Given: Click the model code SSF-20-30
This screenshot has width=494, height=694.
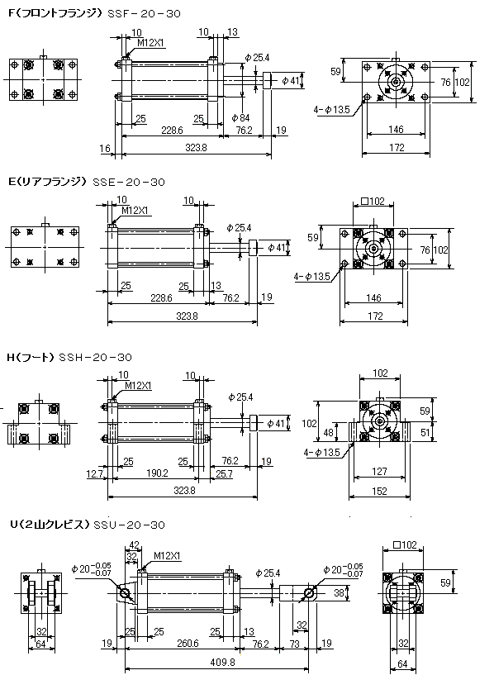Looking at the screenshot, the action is coord(145,14).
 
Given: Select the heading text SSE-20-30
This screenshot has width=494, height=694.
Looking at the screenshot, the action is coord(129,182).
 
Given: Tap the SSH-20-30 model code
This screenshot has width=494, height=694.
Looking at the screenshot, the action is coord(95,357).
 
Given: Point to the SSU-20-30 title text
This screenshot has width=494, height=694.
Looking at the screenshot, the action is coord(129,525).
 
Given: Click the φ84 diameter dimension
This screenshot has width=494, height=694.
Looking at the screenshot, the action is coord(240,117).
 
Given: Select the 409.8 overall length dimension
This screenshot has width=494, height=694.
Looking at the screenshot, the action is coord(224,662).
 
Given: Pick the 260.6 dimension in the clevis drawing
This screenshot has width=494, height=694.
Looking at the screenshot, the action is coord(188,643).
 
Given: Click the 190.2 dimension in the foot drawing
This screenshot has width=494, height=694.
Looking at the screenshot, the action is coord(157,473).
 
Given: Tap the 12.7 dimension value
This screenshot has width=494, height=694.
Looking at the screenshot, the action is coord(94,474).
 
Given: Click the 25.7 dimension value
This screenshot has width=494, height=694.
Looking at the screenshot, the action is coord(224,474).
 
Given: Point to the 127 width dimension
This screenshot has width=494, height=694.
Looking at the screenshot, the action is coord(379,472).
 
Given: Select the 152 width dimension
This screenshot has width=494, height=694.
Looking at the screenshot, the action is coord(379,491).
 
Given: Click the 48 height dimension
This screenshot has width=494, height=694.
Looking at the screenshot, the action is coord(328,432).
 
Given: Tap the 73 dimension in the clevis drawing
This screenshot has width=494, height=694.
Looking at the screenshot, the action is coord(294,644).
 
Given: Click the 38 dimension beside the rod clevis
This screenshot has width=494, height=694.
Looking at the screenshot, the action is coord(339,592).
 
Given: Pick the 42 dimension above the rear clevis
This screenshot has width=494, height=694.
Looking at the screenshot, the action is coord(134,544).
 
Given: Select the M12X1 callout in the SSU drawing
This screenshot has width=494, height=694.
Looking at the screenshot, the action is coord(168,556).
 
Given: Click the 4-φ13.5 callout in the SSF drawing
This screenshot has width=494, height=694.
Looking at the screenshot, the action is coord(331,109).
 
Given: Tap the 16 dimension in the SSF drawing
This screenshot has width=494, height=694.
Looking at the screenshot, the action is coord(105,148).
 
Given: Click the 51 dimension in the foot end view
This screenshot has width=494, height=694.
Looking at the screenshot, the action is coord(425,431).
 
